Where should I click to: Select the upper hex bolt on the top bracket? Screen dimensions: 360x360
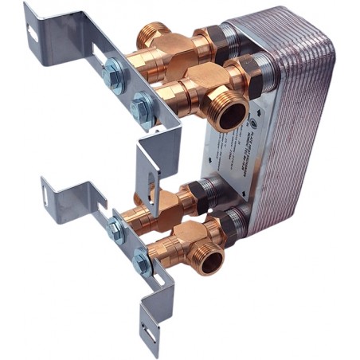coord(112,72)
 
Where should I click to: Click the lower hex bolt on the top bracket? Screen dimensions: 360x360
coord(141,103)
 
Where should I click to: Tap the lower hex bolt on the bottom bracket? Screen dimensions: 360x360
coord(142,258)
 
